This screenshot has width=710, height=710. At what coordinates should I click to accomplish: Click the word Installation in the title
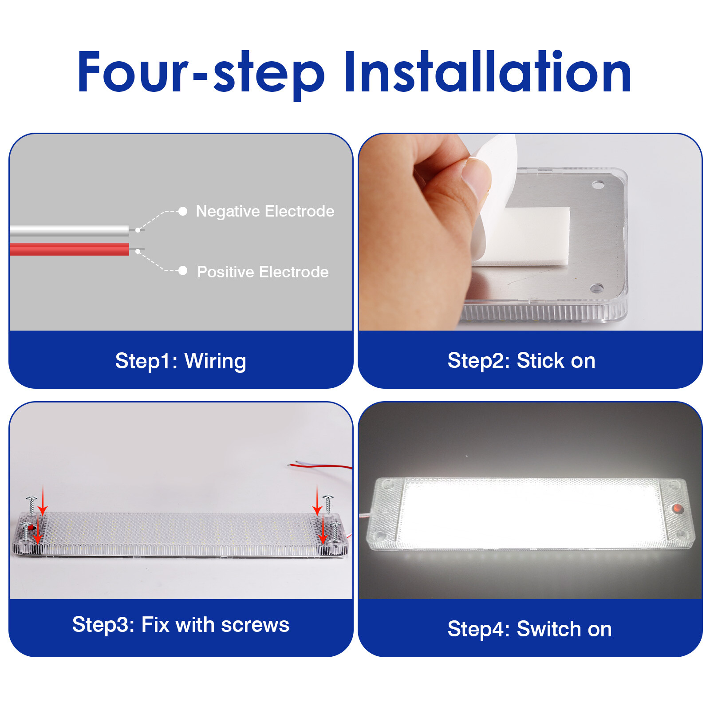pos(488,72)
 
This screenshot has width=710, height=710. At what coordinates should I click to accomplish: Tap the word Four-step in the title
pos(201,73)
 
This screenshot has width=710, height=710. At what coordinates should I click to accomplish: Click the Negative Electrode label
pos(265,211)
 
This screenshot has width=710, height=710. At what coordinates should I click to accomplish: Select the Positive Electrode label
pos(263,272)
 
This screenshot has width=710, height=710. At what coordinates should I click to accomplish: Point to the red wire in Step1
pos(70,249)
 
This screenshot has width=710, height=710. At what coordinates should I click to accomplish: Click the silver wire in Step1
pos(70,230)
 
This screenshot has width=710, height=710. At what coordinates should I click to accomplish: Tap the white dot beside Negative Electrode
pos(182,211)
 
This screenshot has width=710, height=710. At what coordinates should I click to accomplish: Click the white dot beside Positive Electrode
pos(182,271)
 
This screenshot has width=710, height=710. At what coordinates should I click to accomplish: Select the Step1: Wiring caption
pos(181,361)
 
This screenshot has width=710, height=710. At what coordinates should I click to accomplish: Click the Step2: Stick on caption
pos(521,360)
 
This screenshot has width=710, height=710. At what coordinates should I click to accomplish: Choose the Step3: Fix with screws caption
pos(181,625)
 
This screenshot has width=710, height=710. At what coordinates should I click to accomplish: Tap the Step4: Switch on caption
pos(529,629)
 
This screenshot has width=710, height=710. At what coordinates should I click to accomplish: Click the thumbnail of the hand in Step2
pos(417,231)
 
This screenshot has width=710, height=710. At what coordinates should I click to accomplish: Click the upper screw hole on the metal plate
pos(598,184)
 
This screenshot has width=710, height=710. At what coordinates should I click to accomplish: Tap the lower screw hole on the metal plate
pos(596,288)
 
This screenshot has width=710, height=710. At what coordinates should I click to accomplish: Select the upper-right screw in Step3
pos(328,504)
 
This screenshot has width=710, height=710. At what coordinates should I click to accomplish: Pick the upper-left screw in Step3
pos(32,505)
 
